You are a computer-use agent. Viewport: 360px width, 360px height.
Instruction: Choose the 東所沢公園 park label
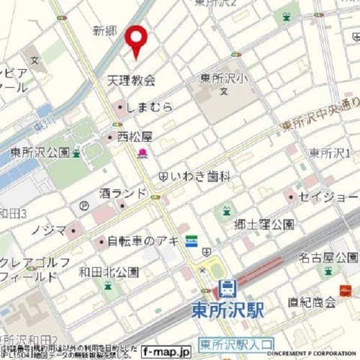pyautogui.click(x=40, y=151)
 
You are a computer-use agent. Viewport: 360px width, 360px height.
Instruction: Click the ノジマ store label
pyautogui.click(x=49, y=229)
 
